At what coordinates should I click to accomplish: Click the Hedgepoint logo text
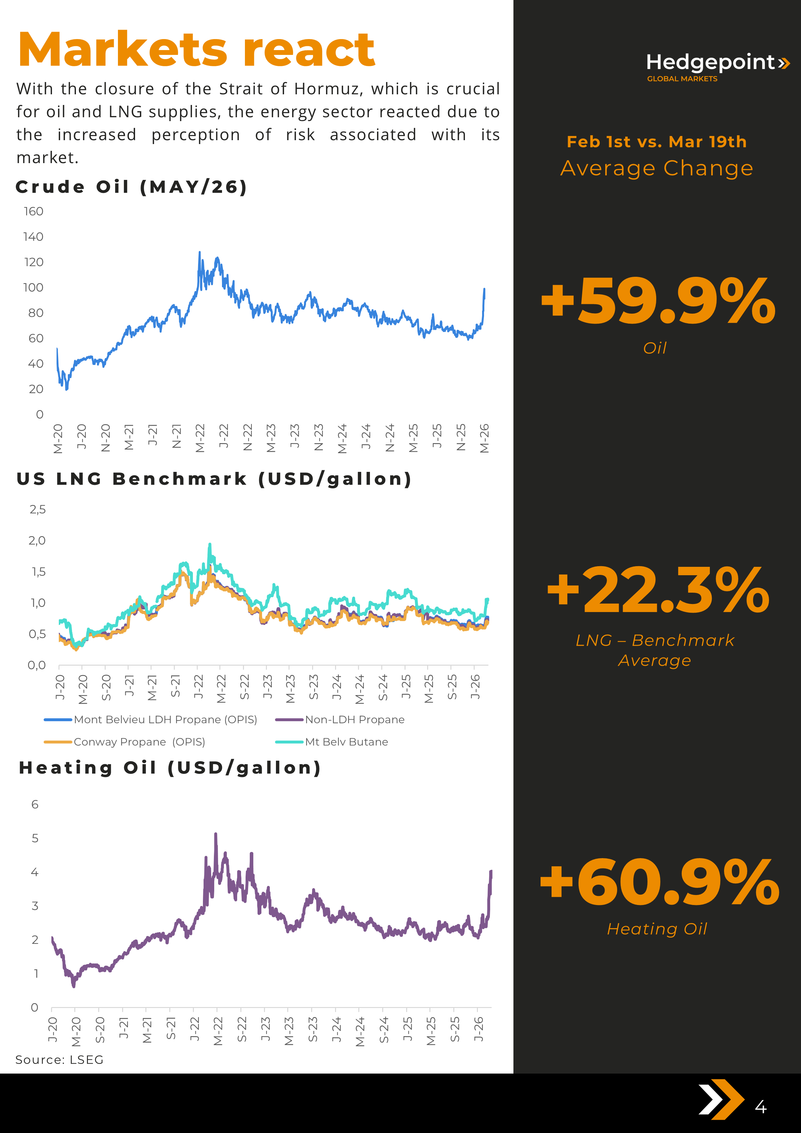tap(711, 63)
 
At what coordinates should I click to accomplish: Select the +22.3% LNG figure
tap(658, 591)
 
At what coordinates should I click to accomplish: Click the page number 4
tap(761, 1107)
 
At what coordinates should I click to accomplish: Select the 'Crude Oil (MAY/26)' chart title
tap(131, 187)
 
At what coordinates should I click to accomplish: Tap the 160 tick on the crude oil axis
tap(34, 211)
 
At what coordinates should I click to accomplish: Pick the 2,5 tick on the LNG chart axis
tap(37, 509)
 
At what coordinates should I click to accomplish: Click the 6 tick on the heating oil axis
tap(35, 804)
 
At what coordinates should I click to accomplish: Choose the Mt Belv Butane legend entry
tap(346, 742)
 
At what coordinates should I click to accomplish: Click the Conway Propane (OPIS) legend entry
tap(139, 742)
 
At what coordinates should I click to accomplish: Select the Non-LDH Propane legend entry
tap(354, 720)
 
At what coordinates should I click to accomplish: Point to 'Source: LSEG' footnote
tap(59, 1059)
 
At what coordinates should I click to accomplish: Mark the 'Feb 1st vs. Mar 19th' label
tap(656, 141)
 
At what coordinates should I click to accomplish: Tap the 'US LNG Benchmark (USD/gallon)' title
tap(214, 479)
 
